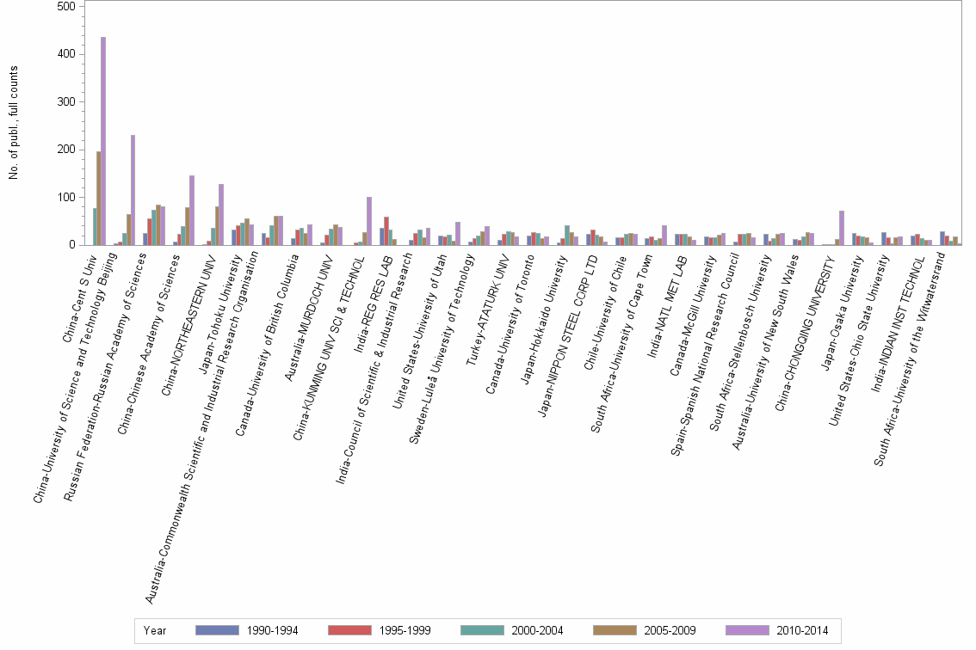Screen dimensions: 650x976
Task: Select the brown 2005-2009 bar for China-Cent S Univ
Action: click(x=99, y=199)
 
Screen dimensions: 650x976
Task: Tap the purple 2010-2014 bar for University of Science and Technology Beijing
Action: click(x=133, y=190)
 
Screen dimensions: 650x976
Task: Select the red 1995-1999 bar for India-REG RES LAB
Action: click(x=386, y=231)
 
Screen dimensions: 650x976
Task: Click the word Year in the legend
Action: click(x=155, y=631)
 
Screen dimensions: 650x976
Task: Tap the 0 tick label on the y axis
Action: click(x=77, y=245)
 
